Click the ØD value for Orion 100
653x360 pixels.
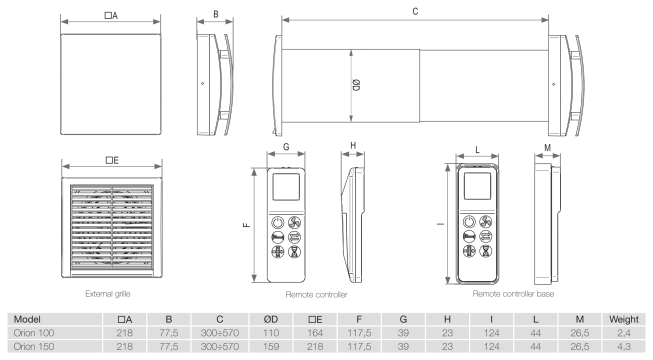(271, 333)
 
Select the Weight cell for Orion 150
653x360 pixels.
(624, 346)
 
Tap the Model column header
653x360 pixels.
(27, 320)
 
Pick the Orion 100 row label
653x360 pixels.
(34, 333)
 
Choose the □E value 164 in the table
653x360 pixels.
(315, 333)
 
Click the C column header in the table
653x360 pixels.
(219, 320)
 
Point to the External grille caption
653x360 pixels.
(108, 294)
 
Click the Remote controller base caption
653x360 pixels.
(513, 294)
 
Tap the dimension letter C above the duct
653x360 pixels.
(415, 12)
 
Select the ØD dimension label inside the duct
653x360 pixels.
(356, 85)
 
